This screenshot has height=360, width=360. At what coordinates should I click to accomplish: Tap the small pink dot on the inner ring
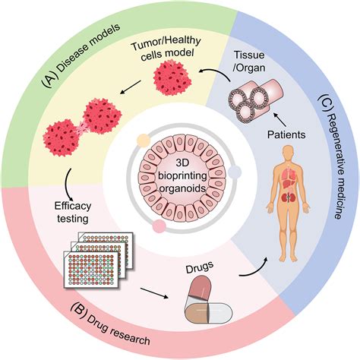click(x=160, y=226)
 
